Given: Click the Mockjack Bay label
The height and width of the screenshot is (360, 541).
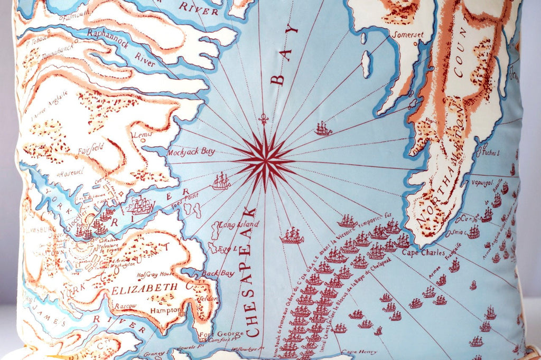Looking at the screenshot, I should coord(191,152).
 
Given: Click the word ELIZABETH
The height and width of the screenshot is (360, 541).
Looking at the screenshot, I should coord(144,288).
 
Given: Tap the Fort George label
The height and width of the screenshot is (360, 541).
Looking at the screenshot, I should coord(227,334).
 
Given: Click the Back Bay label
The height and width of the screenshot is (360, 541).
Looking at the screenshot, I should coord(217,273).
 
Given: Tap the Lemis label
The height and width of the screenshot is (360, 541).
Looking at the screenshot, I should coord(143,135).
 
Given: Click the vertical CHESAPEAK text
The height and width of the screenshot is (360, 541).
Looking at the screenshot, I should coord(252,272).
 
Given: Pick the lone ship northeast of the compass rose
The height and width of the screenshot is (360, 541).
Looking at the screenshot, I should coord(323,128).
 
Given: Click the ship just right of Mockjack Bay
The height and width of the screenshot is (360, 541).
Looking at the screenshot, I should coord(221,182).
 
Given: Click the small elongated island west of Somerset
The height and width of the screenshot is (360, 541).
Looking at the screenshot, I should coord(366,64).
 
